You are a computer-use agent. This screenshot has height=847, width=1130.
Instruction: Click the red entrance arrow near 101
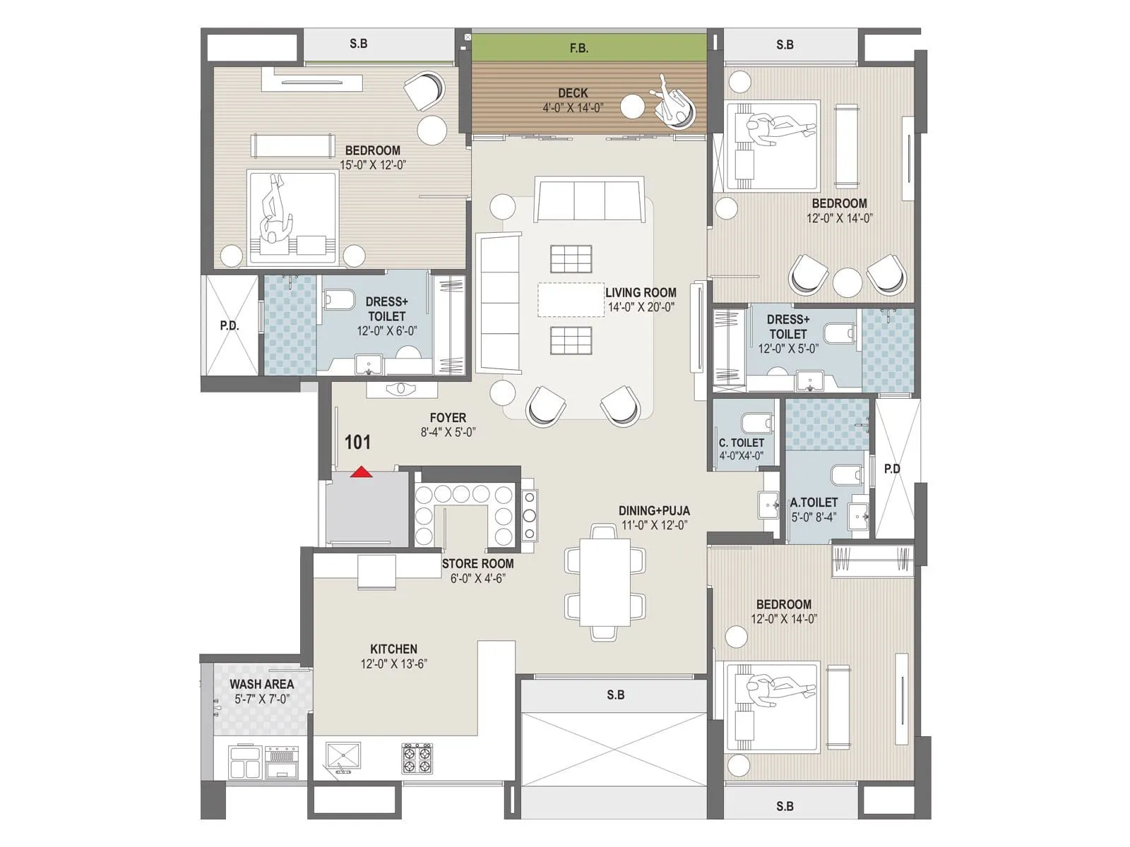[361, 472]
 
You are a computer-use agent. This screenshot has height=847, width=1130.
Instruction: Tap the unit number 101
[357, 443]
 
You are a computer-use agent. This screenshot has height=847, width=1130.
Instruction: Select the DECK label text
[573, 93]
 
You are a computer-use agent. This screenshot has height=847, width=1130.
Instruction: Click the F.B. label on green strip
[578, 49]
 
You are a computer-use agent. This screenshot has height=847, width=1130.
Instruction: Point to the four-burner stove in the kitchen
[417, 759]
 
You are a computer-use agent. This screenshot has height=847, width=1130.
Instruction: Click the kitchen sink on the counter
[343, 758]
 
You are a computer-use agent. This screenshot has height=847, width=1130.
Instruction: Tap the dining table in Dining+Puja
[605, 582]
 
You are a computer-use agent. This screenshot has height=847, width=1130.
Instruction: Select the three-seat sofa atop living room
[589, 200]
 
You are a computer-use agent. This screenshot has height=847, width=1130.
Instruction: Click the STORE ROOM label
[477, 563]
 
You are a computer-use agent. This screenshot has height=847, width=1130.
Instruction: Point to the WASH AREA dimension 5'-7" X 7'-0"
[262, 699]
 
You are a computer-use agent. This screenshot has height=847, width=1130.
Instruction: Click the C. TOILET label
[742, 443]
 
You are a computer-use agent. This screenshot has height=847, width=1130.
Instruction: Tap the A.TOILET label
[814, 503]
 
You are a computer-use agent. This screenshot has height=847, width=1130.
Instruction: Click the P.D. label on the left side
[230, 325]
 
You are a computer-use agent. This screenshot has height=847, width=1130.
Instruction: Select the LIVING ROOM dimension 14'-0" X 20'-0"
[641, 307]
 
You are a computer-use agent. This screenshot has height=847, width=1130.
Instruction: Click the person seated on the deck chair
[671, 100]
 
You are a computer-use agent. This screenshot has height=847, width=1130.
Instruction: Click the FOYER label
[448, 418]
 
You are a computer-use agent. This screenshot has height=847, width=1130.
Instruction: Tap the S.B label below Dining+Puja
[615, 695]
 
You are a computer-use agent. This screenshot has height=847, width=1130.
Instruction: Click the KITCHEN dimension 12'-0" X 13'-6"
[393, 663]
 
